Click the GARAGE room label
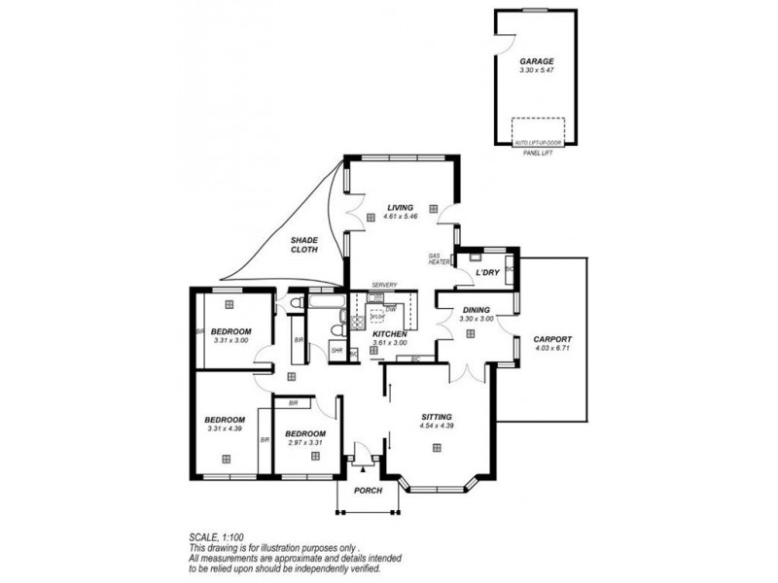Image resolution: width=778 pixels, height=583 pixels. [x=537, y=60]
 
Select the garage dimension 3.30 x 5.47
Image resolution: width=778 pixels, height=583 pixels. [x=537, y=70]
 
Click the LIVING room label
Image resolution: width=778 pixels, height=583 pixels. [x=400, y=207]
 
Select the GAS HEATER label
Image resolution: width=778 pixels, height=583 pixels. [x=440, y=259]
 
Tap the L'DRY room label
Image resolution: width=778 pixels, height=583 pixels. [x=486, y=273]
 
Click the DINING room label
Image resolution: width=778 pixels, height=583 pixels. [x=477, y=310]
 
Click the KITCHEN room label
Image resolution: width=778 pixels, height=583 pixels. [x=389, y=333]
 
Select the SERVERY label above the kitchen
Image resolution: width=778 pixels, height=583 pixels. [x=384, y=285]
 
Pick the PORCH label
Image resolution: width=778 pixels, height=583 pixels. [x=369, y=489]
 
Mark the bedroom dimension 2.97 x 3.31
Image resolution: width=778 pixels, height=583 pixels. [x=305, y=442]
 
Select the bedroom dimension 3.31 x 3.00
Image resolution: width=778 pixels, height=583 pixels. [x=231, y=340]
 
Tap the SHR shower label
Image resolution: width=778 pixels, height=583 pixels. [x=336, y=350]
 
